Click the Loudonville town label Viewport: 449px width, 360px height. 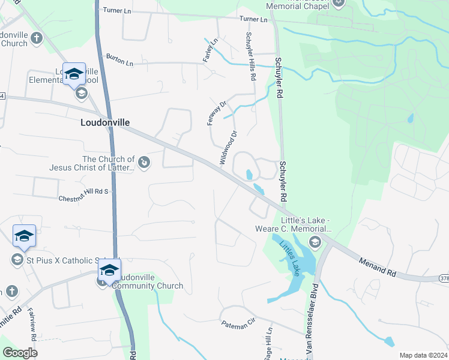click(x=105, y=122)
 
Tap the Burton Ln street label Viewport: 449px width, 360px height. click(x=119, y=61)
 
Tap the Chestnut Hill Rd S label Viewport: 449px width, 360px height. click(x=83, y=195)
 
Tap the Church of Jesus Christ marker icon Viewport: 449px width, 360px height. click(x=143, y=161)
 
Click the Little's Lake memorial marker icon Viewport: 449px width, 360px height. click(x=314, y=242)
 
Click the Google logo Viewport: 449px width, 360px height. click(x=20, y=353)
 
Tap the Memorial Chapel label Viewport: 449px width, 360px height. click(x=298, y=8)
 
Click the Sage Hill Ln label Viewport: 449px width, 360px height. click(x=270, y=343)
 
